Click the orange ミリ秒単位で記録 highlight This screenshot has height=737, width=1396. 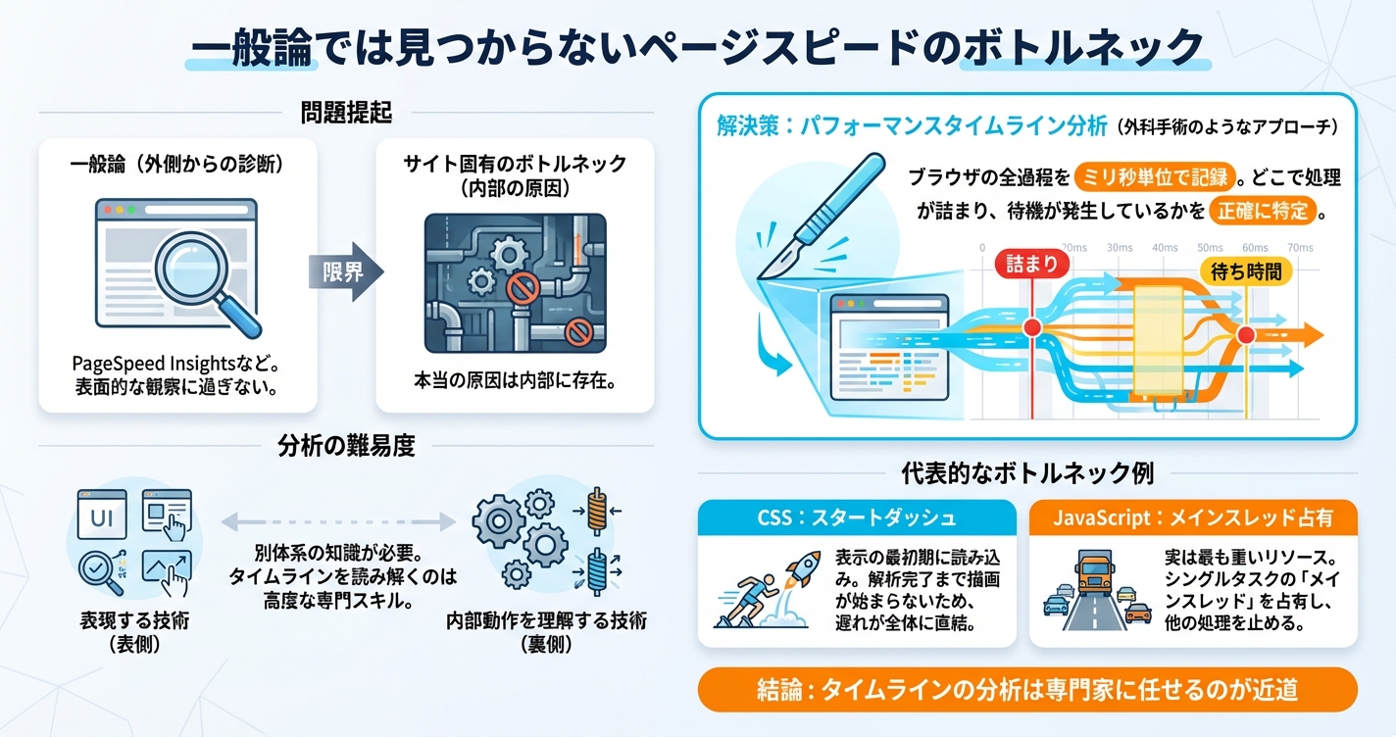[1153, 178]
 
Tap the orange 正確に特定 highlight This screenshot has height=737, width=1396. [1264, 211]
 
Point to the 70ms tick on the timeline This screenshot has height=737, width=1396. [1300, 248]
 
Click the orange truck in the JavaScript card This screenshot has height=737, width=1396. [1093, 574]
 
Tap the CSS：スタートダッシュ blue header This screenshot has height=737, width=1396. [856, 516]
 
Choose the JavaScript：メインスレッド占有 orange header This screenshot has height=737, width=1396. [1192, 516]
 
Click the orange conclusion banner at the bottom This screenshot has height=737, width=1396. [1026, 690]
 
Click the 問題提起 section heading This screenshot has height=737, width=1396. [345, 114]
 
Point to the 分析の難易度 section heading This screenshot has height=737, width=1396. [345, 447]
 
